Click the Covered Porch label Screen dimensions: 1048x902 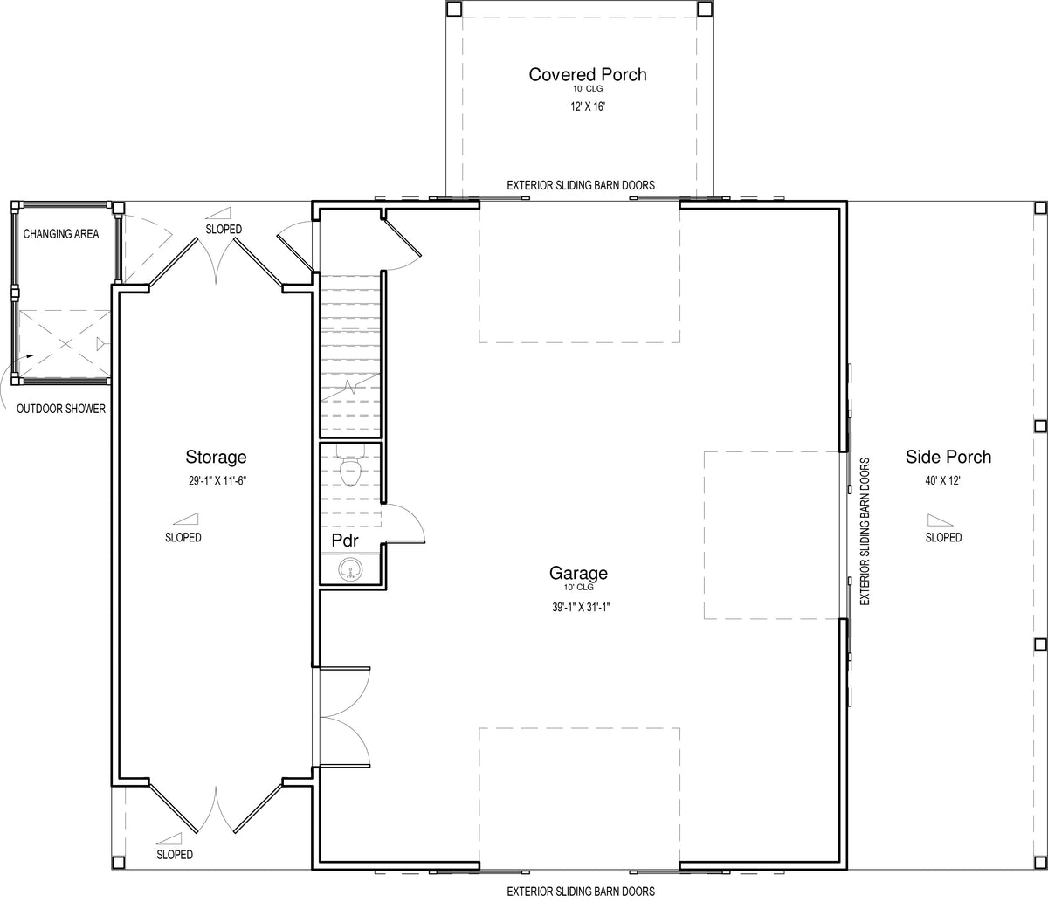588,74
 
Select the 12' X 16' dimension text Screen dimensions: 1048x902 588,107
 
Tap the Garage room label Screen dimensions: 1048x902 578,573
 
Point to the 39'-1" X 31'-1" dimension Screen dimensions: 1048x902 581,607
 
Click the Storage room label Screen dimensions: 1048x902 216,457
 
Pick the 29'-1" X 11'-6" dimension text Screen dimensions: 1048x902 217,480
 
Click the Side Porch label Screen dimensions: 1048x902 948,457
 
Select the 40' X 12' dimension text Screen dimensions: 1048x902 943,480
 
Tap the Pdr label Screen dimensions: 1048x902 345,541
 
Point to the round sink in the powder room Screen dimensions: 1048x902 350,569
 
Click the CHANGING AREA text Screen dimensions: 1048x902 61,234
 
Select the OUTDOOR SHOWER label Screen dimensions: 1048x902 61,409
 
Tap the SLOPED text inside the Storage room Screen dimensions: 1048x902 183,538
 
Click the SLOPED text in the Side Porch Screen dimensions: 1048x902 943,538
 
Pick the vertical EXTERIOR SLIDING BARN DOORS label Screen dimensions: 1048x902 865,532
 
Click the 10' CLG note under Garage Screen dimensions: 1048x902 578,587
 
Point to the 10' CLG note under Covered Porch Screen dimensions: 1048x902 588,89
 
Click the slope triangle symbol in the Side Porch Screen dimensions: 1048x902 940,520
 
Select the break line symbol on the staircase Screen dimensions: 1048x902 351,387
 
